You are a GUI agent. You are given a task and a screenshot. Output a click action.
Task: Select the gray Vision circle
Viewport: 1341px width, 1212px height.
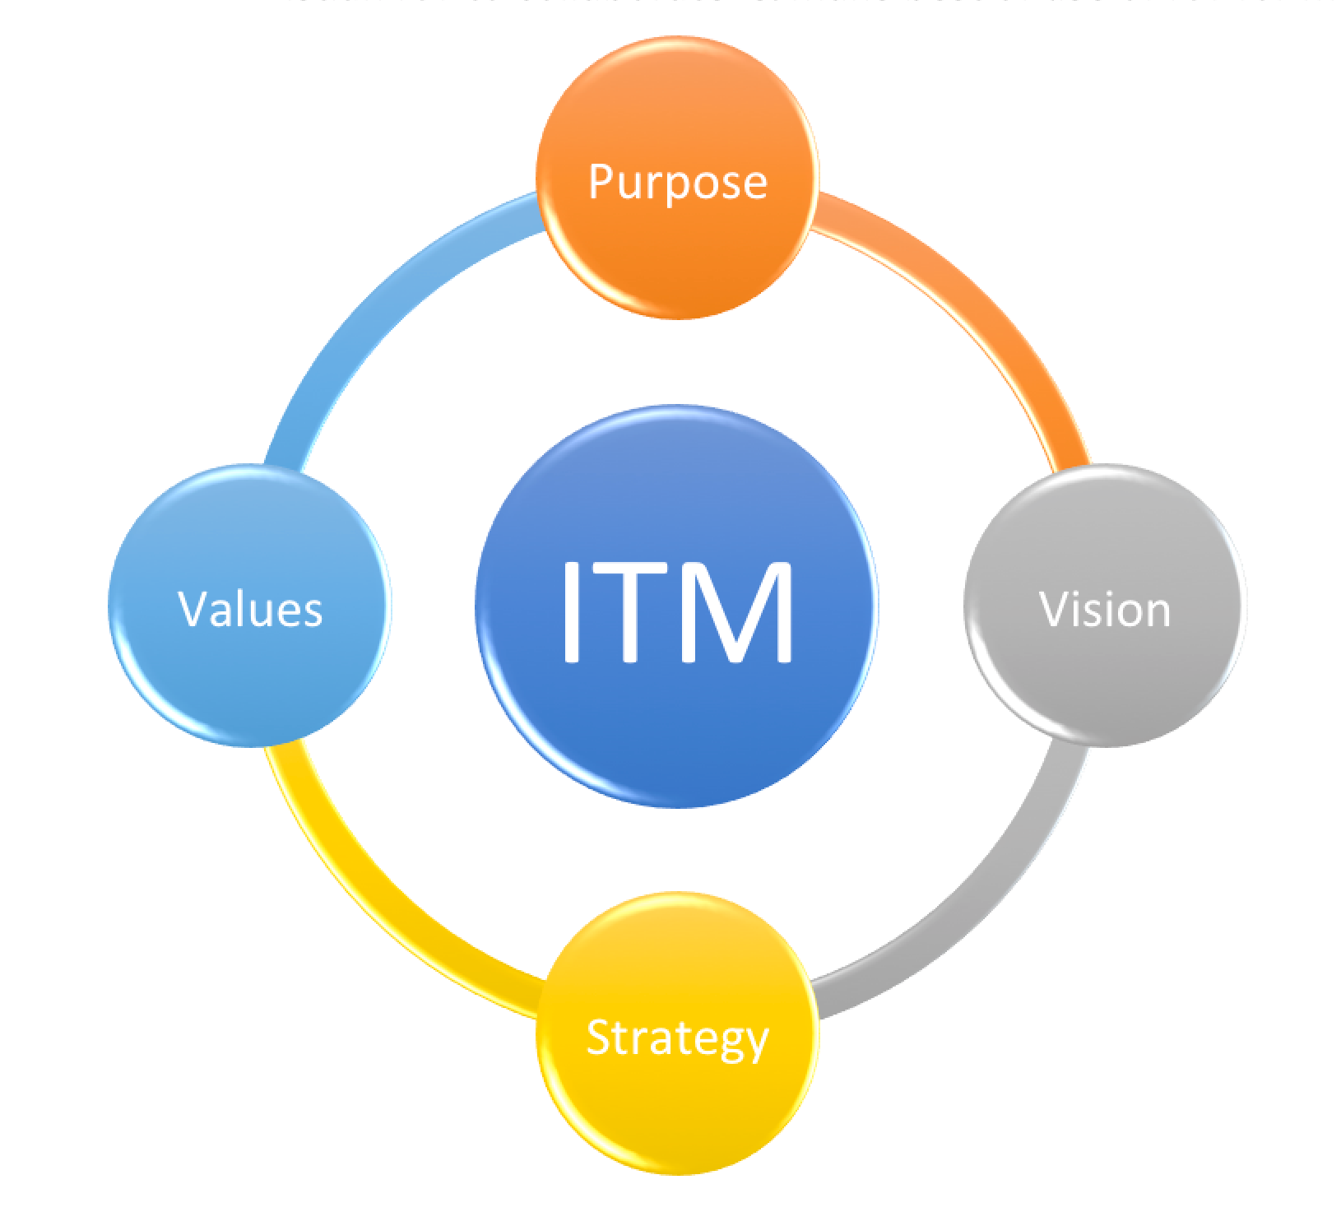[1105, 675]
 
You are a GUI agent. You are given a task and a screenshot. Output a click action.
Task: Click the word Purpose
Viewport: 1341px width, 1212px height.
[677, 182]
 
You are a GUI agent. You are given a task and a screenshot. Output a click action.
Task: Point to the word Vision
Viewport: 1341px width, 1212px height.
[1105, 610]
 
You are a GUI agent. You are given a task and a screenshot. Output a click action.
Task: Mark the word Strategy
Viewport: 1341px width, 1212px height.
[677, 1038]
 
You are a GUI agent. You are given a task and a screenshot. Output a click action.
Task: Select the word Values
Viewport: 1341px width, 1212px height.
[249, 610]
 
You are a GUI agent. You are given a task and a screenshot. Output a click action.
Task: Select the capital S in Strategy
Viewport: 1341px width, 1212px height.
[599, 1037]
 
